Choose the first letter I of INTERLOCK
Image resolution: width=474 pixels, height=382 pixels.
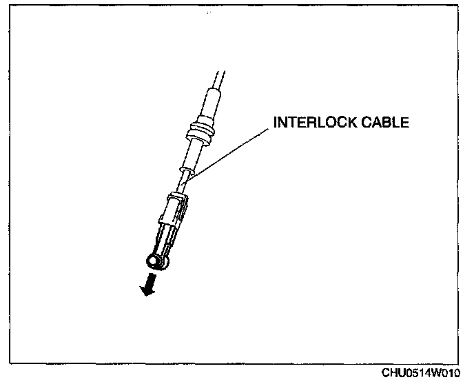tap(276, 123)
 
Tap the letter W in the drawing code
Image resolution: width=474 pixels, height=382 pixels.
tap(440, 373)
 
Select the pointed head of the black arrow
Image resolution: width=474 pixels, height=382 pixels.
tap(145, 291)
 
